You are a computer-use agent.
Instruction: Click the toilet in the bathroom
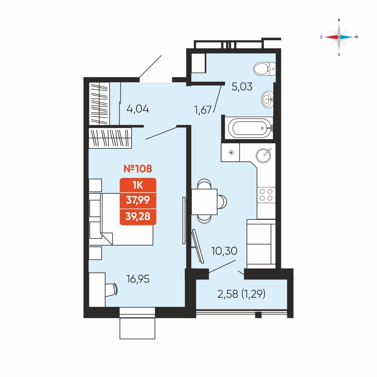(265, 69)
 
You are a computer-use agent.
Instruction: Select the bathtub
(250, 128)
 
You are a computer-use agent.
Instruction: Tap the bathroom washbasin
(267, 99)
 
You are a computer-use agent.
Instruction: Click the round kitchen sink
(263, 155)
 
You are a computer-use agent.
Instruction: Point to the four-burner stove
(266, 195)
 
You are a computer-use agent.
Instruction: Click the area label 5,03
(242, 87)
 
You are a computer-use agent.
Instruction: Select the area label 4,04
(138, 109)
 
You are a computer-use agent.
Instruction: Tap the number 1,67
(203, 110)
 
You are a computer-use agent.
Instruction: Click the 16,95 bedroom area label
(138, 279)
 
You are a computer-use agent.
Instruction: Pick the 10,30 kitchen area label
(224, 251)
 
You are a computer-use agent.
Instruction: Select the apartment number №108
(138, 169)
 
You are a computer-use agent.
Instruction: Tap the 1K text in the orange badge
(138, 185)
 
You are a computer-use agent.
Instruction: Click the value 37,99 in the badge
(138, 200)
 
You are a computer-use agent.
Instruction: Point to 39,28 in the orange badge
(138, 216)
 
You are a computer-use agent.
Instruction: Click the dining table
(204, 201)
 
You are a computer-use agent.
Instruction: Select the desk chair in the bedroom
(112, 290)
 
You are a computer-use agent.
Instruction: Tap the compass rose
(339, 37)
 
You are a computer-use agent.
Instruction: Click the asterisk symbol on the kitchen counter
(231, 152)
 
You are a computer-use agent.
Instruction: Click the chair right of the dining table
(222, 201)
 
